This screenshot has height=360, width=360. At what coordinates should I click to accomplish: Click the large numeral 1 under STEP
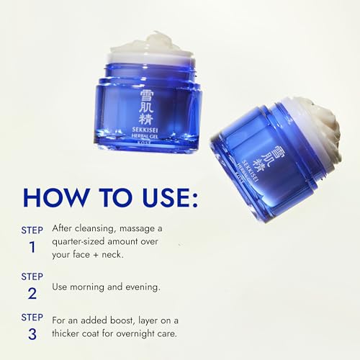click(x=32, y=248)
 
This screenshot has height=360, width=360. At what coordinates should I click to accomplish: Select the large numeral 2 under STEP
click(x=32, y=292)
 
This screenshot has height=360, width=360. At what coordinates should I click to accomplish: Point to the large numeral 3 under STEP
click(x=32, y=335)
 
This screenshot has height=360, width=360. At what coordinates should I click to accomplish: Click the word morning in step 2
click(x=93, y=286)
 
